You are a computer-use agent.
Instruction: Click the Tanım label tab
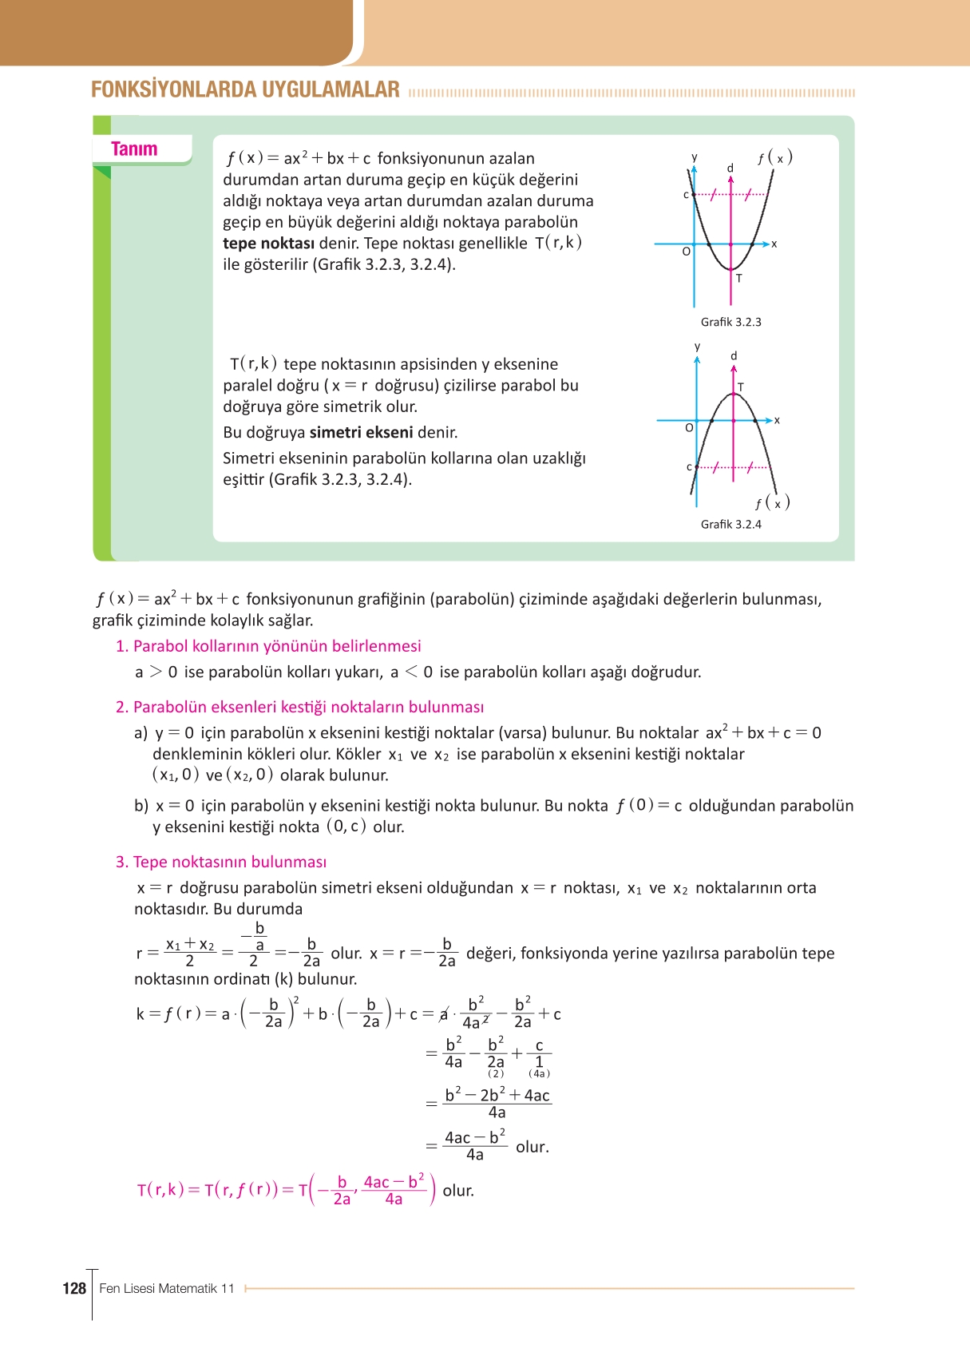coord(134,149)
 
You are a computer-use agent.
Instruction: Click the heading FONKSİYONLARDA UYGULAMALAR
coord(245,89)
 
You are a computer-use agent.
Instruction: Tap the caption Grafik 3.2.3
coord(730,322)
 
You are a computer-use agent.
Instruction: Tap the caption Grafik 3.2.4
coord(730,524)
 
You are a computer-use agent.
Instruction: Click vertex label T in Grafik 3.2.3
coord(738,279)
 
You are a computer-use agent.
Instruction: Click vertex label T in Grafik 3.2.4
coord(740,387)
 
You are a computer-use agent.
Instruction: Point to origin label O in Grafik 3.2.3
coord(686,252)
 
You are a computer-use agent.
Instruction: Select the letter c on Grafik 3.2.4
coord(689,466)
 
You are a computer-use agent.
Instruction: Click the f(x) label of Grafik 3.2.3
coord(774,158)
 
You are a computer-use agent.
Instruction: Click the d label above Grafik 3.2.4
coord(734,356)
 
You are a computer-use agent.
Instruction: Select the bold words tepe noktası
coord(268,244)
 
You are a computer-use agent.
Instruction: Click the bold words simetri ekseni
coord(361,433)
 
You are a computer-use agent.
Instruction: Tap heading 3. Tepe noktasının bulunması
coord(221,862)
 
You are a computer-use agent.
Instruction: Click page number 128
coord(73,1288)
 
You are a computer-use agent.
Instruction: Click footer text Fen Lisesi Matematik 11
coord(167,1288)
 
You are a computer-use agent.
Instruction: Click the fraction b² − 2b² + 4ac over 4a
coord(497,1104)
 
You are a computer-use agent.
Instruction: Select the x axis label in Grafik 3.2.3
coord(774,244)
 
